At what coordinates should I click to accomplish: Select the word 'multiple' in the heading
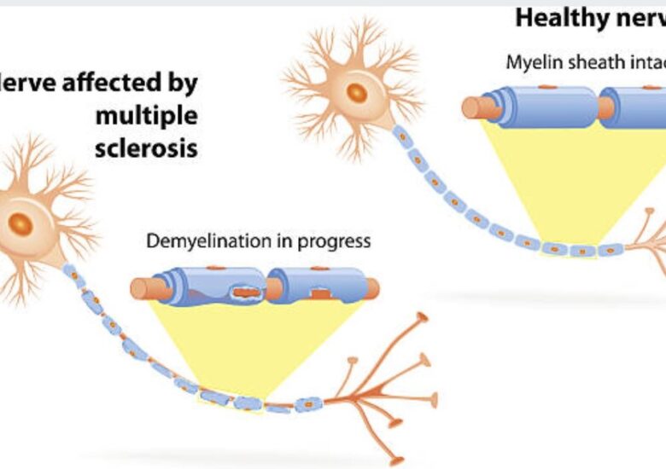click(x=146, y=115)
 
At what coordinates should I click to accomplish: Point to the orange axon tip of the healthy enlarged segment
click(x=472, y=107)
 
